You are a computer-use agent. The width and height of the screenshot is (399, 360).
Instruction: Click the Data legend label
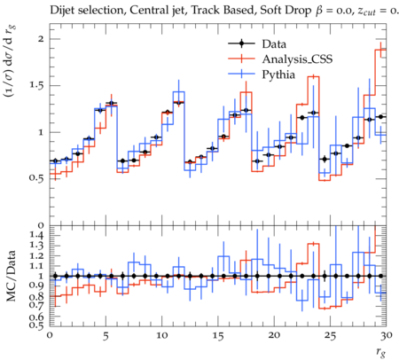coord(274,44)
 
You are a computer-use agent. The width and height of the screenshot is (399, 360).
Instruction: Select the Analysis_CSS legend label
coord(297,59)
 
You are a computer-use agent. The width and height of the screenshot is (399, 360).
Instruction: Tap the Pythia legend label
coord(278,74)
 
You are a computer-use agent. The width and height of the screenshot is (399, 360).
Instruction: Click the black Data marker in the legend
coord(241,43)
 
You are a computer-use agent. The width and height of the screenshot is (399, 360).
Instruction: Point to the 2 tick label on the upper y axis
coord(41,39)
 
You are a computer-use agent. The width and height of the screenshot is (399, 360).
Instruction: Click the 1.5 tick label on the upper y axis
coord(36,85)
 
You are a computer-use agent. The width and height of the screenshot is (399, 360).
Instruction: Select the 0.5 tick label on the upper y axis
coord(36,179)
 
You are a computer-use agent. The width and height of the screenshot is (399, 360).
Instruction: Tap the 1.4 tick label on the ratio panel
coord(36,235)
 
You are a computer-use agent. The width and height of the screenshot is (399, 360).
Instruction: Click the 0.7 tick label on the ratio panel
coord(36,305)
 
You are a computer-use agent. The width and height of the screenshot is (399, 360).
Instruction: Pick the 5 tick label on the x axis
coord(106,336)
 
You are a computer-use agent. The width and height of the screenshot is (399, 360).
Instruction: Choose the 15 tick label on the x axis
coord(218,336)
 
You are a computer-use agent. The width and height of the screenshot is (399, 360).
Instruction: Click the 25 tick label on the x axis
coord(330,336)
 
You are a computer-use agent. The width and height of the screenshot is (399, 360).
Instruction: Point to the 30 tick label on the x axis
coord(386,335)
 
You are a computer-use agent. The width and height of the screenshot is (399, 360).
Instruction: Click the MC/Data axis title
coord(11,276)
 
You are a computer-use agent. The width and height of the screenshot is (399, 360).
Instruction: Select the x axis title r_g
coord(381,352)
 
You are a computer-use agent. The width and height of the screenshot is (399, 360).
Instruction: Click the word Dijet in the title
coord(62,11)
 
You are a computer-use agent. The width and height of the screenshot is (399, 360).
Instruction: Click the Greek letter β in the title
coord(320,12)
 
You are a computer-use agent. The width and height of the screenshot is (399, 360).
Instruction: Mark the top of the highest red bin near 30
coord(380,50)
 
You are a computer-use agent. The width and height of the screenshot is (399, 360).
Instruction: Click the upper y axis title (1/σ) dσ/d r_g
coord(10,61)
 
